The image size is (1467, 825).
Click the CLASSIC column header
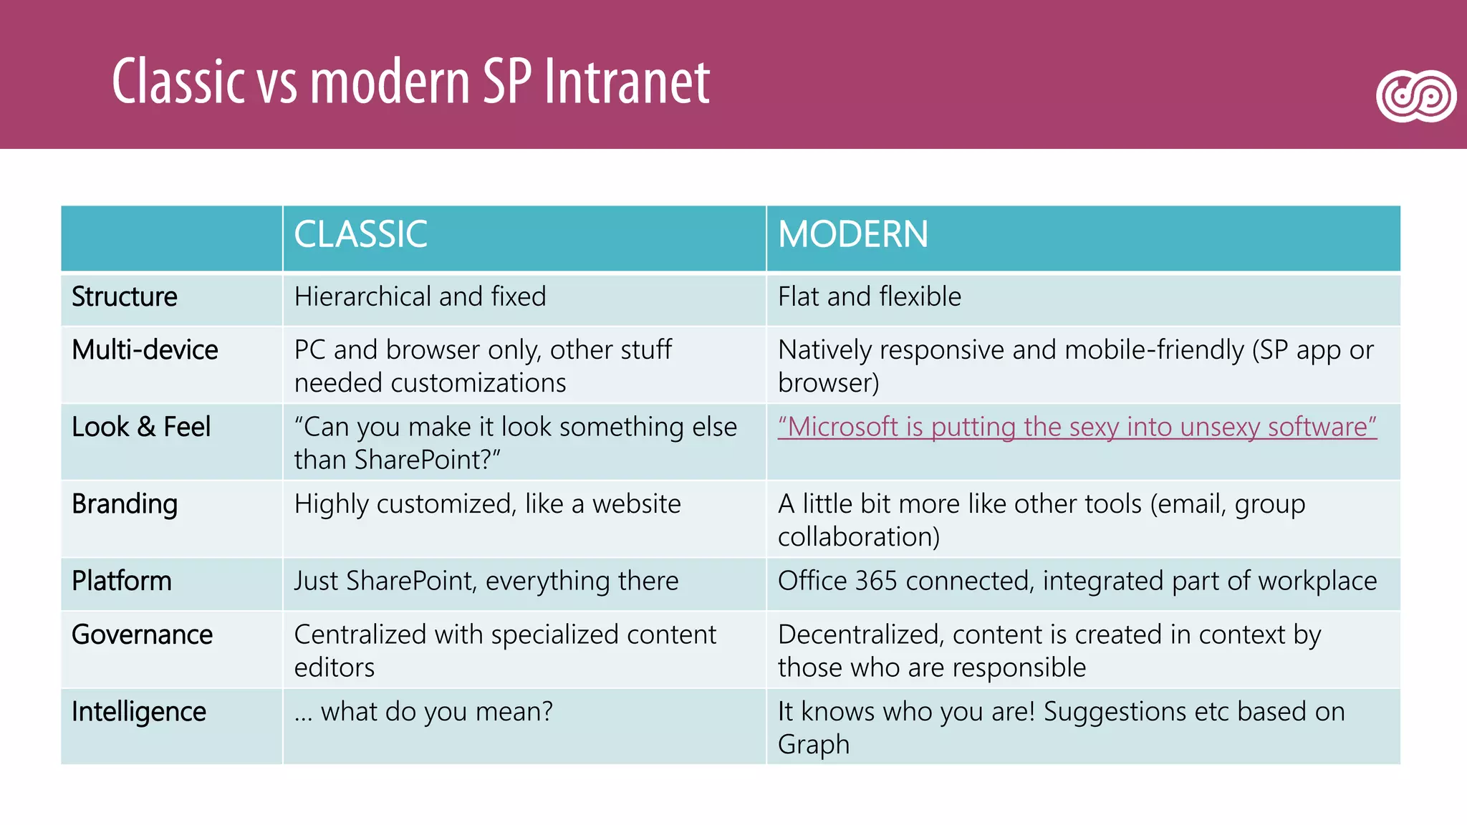tap(360, 235)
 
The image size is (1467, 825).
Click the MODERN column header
tap(852, 235)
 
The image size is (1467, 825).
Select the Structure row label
tap(125, 297)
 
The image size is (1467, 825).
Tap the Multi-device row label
tap(145, 350)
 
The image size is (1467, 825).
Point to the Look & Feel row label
tap(141, 428)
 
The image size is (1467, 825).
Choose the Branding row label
tap(125, 505)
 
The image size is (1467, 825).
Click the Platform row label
tap(122, 582)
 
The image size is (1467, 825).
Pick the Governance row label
tap(142, 635)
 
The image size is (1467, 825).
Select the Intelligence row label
tap(139, 713)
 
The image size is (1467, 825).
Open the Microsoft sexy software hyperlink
tap(1077, 428)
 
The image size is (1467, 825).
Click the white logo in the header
tap(1416, 96)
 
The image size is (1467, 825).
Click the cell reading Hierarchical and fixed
tap(420, 297)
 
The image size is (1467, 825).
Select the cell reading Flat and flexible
tap(869, 297)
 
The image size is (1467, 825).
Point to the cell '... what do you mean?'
tap(423, 712)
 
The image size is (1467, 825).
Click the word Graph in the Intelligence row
tap(814, 745)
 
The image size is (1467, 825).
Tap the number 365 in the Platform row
tap(875, 582)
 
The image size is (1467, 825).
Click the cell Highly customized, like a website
tap(487, 504)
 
